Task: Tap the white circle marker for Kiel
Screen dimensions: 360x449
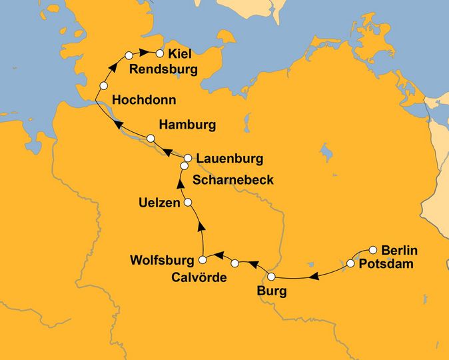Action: point(159,53)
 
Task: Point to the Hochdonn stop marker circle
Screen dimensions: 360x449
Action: point(103,86)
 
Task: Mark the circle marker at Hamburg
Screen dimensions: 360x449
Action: point(151,138)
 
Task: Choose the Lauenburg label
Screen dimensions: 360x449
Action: point(230,159)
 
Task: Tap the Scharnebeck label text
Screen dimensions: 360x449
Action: point(232,180)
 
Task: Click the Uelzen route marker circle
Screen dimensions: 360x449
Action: point(188,202)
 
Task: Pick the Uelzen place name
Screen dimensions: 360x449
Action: point(159,202)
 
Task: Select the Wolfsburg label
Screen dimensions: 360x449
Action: point(163,259)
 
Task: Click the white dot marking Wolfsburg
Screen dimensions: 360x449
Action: point(203,259)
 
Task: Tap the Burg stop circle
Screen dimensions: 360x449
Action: point(271,277)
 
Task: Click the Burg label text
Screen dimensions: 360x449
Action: point(272,291)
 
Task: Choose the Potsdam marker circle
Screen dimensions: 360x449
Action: point(350,264)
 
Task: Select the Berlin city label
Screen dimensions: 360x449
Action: point(399,250)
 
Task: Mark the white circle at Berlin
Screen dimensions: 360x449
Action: point(373,250)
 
